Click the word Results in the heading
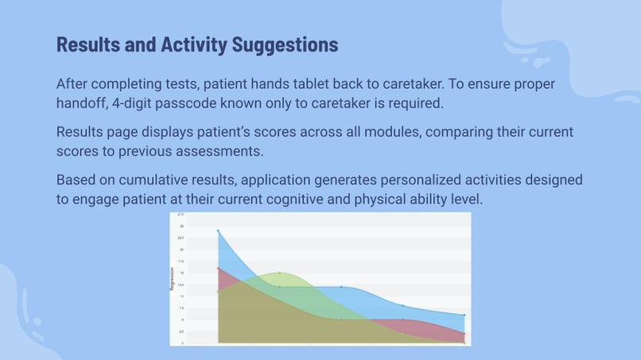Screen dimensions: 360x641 point(88,45)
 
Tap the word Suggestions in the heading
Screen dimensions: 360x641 point(284,45)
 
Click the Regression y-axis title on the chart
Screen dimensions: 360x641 point(173,278)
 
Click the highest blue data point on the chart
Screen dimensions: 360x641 point(218,231)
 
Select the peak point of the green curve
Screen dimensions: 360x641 point(280,273)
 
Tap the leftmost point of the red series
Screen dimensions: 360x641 point(218,269)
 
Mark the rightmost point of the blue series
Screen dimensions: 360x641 point(464,315)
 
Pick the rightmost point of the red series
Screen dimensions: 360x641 point(464,334)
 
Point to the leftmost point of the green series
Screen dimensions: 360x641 point(218,292)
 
